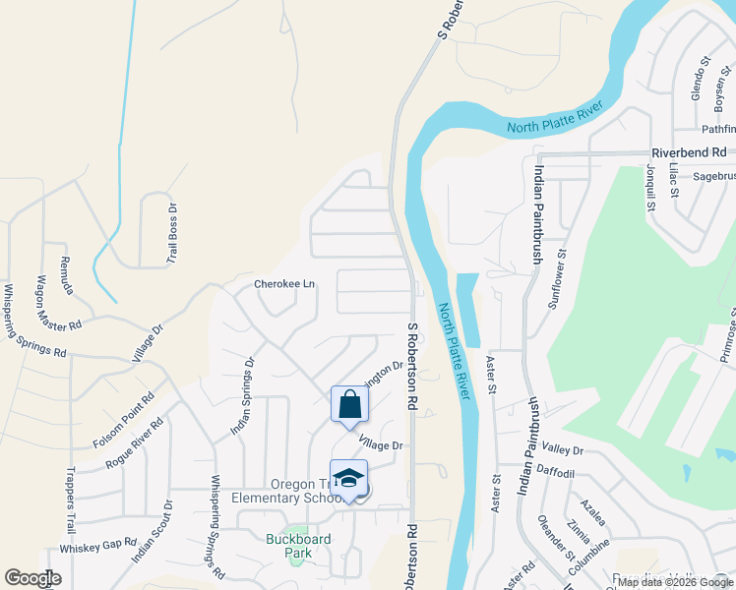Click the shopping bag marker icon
[349, 404]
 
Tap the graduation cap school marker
[348, 479]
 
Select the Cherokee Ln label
[284, 284]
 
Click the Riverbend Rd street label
[689, 153]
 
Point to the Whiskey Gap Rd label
[97, 545]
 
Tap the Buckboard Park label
[298, 546]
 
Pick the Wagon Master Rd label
[59, 303]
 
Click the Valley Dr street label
[563, 451]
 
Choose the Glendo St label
[700, 79]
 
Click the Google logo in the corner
[32, 578]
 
